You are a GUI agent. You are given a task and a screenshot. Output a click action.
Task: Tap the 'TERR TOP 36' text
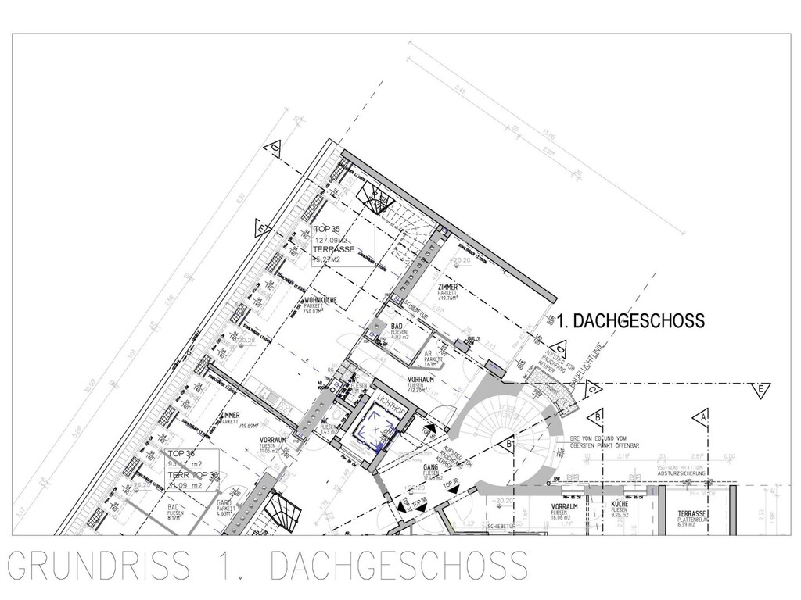[x=192, y=475]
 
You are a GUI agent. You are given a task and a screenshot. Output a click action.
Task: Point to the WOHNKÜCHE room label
[x=320, y=300]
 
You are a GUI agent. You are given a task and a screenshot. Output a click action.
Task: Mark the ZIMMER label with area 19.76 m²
[x=447, y=287]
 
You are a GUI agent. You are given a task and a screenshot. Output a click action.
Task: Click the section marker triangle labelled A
[x=705, y=416]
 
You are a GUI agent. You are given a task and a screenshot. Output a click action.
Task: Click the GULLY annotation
[x=472, y=339]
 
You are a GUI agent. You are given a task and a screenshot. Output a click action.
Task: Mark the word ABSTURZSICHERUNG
[x=683, y=473]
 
